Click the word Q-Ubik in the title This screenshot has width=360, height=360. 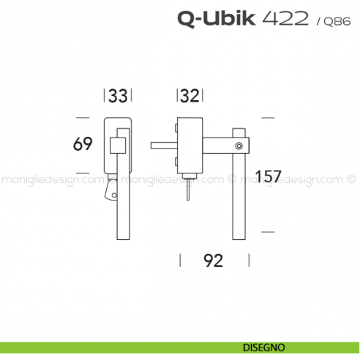pyautogui.click(x=217, y=18)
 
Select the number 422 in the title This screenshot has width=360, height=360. pyautogui.click(x=285, y=18)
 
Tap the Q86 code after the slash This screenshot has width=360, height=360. pyautogui.click(x=329, y=21)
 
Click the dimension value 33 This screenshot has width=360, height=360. pyautogui.click(x=118, y=96)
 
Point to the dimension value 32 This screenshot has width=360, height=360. pyautogui.click(x=190, y=96)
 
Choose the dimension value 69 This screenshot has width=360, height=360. pyautogui.click(x=83, y=144)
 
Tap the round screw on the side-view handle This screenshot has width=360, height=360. pyautogui.click(x=239, y=147)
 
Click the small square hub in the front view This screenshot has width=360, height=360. pyautogui.click(x=116, y=145)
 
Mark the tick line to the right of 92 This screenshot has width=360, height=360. pyautogui.click(x=250, y=260)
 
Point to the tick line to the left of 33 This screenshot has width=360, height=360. pyautogui.click(x=105, y=96)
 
